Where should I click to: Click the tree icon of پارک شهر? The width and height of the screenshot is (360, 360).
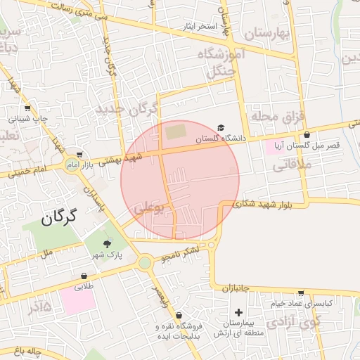tap(107, 243)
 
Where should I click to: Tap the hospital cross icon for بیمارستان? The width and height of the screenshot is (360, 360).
tap(238, 311)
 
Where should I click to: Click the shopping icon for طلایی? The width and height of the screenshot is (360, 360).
tap(84, 276)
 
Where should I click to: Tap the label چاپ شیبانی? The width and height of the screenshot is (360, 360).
tap(29, 119)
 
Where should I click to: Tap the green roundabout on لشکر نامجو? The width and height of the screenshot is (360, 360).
tap(145, 264)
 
